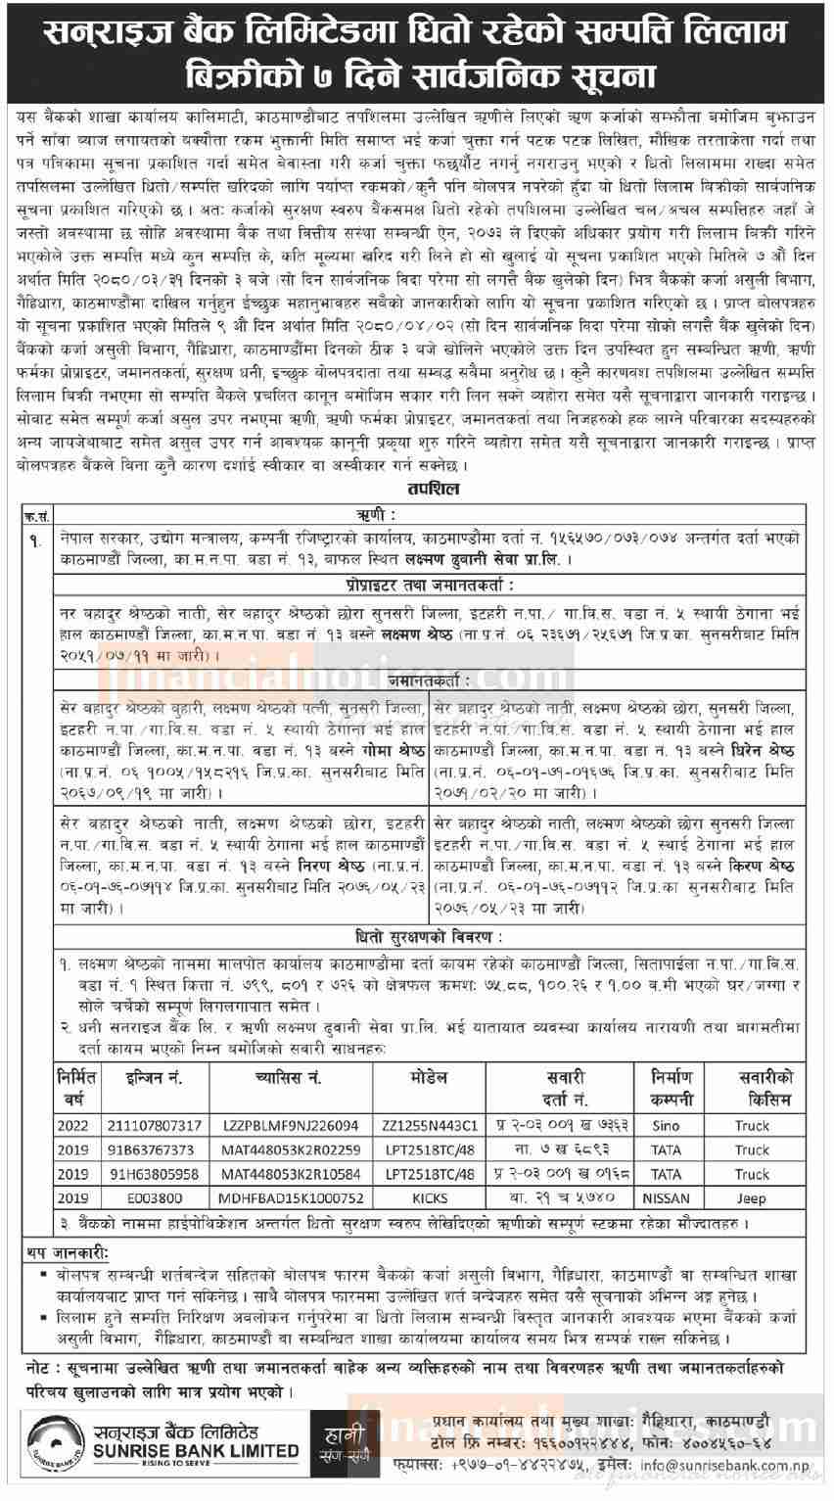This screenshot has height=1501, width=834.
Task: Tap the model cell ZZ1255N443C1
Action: tap(431, 1125)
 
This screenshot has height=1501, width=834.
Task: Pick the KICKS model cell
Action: tap(430, 1197)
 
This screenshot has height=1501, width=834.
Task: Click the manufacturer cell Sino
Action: tap(666, 1125)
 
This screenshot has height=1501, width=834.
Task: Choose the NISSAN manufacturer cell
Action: tap(666, 1197)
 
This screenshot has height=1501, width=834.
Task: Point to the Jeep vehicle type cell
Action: tap(752, 1197)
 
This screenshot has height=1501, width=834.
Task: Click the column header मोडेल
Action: tap(430, 1078)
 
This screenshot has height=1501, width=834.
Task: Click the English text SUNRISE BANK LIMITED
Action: tap(188, 1450)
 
